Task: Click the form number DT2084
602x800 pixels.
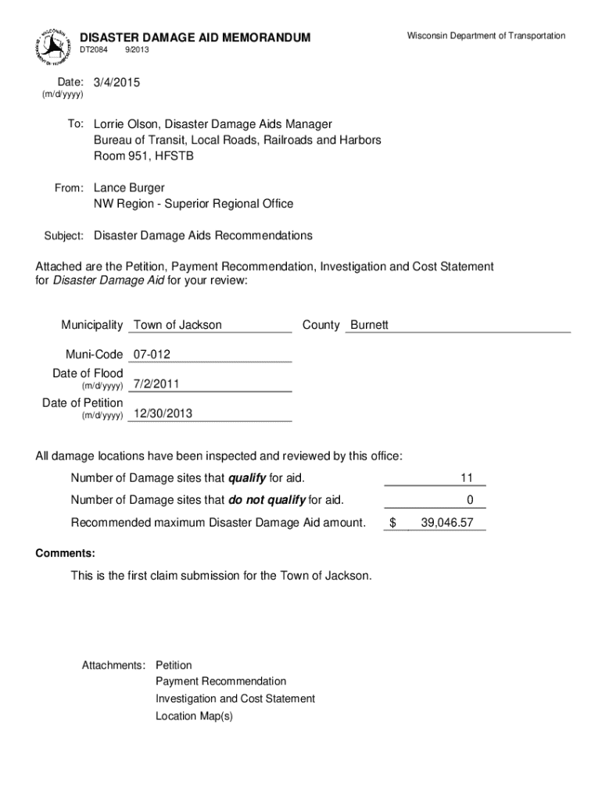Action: click(x=95, y=50)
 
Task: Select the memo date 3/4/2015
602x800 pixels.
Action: click(x=117, y=82)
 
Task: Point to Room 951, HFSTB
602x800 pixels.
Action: click(x=143, y=155)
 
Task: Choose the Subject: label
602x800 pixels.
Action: click(x=65, y=236)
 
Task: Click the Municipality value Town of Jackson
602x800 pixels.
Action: click(x=177, y=325)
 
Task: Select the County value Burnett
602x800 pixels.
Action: click(x=369, y=325)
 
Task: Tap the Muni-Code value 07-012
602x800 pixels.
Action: click(x=152, y=355)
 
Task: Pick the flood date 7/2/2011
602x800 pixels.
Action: click(x=156, y=384)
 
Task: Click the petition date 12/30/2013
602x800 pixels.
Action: click(x=163, y=413)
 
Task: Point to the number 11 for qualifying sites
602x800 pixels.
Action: click(x=467, y=478)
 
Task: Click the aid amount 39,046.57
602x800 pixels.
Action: click(x=446, y=523)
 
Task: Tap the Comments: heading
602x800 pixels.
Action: click(x=66, y=553)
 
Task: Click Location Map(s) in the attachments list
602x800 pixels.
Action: click(x=194, y=716)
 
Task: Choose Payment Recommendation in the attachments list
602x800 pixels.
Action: click(x=220, y=681)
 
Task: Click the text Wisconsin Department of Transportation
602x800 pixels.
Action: click(x=486, y=36)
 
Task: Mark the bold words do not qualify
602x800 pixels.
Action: click(x=267, y=500)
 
